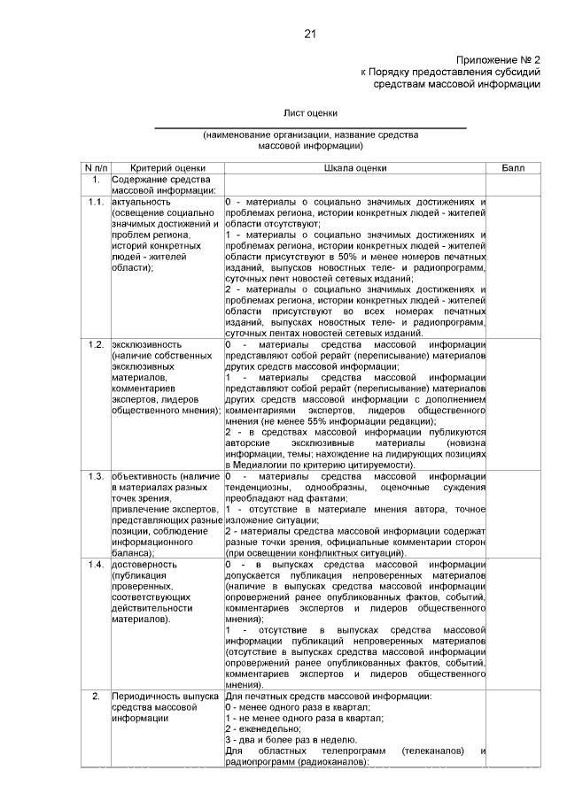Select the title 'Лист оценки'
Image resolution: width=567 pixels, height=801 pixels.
[x=310, y=113]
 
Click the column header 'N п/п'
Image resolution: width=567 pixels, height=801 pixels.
[x=96, y=167]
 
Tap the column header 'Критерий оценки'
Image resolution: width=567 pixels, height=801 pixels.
[x=167, y=167]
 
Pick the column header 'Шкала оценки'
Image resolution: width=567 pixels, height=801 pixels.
[x=355, y=167]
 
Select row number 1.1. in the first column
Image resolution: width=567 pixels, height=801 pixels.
[x=96, y=202]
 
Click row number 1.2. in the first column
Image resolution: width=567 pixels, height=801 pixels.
[x=96, y=343]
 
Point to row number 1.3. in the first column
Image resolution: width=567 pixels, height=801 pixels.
[x=96, y=476]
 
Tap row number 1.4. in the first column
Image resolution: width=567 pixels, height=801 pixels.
[x=96, y=563]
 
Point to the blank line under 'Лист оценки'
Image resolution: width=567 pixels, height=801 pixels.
[x=310, y=127]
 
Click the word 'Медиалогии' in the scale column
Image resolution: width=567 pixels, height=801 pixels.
[x=266, y=465]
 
